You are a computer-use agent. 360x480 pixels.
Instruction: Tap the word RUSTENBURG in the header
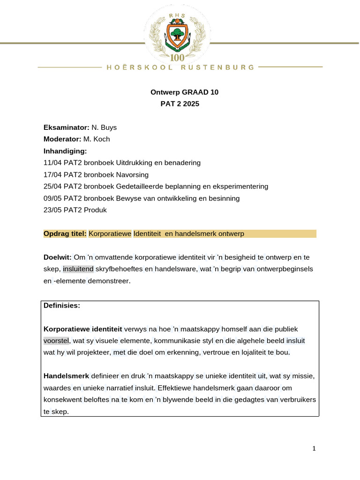(x=218, y=67)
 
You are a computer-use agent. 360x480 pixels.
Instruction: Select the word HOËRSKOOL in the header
(x=140, y=67)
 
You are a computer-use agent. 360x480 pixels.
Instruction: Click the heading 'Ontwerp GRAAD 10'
(x=184, y=92)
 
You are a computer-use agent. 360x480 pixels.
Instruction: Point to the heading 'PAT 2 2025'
(x=180, y=104)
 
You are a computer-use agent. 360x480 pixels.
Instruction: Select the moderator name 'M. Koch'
(x=97, y=139)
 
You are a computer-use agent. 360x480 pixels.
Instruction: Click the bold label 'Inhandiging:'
(x=65, y=151)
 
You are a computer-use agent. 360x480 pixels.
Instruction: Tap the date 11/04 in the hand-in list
(x=52, y=163)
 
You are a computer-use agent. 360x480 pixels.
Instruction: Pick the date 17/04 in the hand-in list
(x=52, y=175)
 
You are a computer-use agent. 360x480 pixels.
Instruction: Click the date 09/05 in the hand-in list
(x=52, y=198)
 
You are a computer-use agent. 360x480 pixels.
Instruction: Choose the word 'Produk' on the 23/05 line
(x=95, y=210)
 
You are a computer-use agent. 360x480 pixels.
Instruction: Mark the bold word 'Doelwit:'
(x=57, y=257)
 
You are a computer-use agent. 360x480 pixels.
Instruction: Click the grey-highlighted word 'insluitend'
(x=78, y=269)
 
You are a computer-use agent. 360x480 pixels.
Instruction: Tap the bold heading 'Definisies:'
(x=62, y=306)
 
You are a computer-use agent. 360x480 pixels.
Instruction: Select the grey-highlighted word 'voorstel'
(x=56, y=341)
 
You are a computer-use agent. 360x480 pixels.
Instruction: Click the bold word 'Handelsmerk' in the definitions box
(x=63, y=376)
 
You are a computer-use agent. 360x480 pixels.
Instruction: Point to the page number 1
(x=314, y=449)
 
